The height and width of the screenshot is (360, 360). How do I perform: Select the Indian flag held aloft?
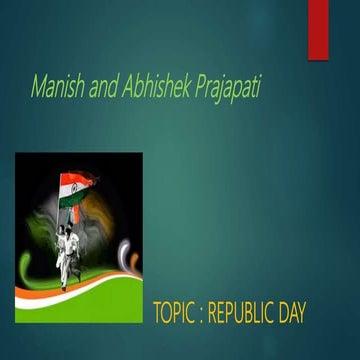point(76,188)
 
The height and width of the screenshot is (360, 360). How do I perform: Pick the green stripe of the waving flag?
point(77,198)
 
